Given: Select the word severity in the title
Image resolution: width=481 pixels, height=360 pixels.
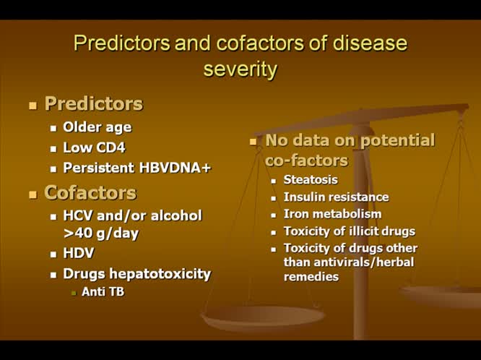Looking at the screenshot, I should (x=240, y=69).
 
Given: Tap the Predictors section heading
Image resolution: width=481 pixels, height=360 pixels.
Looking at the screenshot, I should (x=94, y=104).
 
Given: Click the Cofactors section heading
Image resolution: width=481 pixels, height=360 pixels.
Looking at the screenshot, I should (x=90, y=193).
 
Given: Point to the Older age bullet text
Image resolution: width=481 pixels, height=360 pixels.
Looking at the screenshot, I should (x=97, y=127).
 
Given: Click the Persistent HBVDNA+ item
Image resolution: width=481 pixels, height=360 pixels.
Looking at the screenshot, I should (x=136, y=168).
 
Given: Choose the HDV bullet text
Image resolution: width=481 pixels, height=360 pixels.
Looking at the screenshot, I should (x=79, y=254).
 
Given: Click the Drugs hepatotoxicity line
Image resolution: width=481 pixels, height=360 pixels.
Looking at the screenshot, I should (x=136, y=274).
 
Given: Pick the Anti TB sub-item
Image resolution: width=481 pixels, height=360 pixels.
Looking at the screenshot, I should (x=103, y=292).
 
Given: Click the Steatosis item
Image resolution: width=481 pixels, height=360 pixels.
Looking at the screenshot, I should (x=311, y=179).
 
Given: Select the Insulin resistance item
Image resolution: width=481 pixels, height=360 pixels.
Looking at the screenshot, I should (x=336, y=197).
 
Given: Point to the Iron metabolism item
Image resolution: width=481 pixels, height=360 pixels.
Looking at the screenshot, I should (x=332, y=214).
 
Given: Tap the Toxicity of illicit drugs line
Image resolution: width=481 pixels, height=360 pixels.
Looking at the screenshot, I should (x=349, y=231).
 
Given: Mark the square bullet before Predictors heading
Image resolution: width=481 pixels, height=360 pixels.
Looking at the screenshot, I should (x=32, y=106).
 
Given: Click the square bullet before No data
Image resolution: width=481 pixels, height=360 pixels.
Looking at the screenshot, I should (x=253, y=142).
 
